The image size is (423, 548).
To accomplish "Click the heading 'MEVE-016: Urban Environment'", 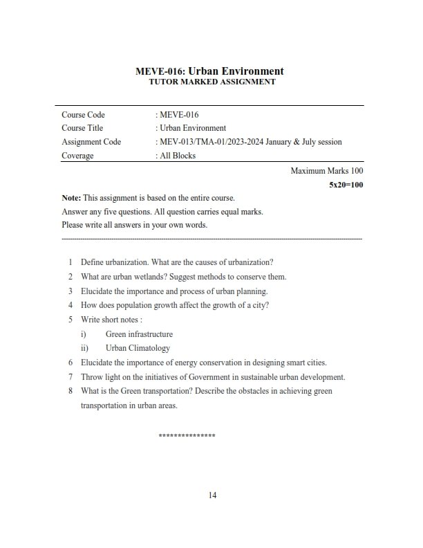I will pos(211,71).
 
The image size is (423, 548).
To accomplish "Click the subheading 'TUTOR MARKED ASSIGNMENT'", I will pos(211,82).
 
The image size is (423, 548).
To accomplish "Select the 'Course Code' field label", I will pos(83,115).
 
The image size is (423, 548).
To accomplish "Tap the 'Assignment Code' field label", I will pos(91,142).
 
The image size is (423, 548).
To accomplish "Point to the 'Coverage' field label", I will pos(77,156).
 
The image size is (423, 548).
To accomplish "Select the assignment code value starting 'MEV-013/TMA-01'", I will pos(249,142).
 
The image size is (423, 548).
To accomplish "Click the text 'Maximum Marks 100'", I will pos(327,170).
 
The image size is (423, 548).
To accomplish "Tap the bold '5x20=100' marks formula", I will pos(346,185).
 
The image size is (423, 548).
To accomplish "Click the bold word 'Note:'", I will pos(71,198).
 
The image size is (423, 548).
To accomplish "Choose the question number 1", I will pos(70,262).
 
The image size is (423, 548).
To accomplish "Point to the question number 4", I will pos(70,305).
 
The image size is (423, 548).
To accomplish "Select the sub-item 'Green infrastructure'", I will pos(139,334).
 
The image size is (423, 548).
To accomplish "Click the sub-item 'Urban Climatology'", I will pos(138,348).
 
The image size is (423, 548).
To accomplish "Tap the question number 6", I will pos(70,363).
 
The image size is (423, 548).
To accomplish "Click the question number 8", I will pos(70,391).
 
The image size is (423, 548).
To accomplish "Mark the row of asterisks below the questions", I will pos(187,436).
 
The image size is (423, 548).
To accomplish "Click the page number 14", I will pos(212,495).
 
